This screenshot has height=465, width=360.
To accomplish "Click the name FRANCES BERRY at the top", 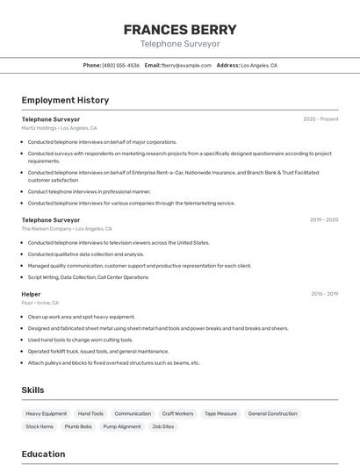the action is tap(180, 29).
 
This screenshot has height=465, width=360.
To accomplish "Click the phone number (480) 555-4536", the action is tap(120, 65).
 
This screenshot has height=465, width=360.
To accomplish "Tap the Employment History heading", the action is tap(65, 100).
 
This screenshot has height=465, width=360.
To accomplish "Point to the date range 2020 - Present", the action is tap(320, 119).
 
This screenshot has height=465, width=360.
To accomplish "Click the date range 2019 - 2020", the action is tap(324, 220).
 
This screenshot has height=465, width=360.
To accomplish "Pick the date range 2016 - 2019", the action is tap(324, 294).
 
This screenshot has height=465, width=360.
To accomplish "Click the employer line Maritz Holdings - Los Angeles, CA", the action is tap(59, 128).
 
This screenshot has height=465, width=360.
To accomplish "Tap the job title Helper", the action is tap(31, 294).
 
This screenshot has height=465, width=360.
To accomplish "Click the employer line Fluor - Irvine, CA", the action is tap(40, 303).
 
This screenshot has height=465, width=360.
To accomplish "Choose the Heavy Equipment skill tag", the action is tap(46, 413).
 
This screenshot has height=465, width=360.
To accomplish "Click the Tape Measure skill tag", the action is tap(220, 413).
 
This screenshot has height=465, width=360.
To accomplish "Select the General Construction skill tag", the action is tap(272, 413).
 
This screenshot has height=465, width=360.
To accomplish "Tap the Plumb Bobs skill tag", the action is tap(78, 426).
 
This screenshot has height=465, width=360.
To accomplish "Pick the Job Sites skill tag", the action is tap(162, 426).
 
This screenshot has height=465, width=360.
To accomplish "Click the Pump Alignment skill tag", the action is tap(122, 426).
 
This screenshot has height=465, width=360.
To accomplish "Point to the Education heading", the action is tap(43, 454).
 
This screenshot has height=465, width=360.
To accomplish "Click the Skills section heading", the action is tap(32, 390).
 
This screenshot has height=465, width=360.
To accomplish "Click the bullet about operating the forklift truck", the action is tap(98, 351).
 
